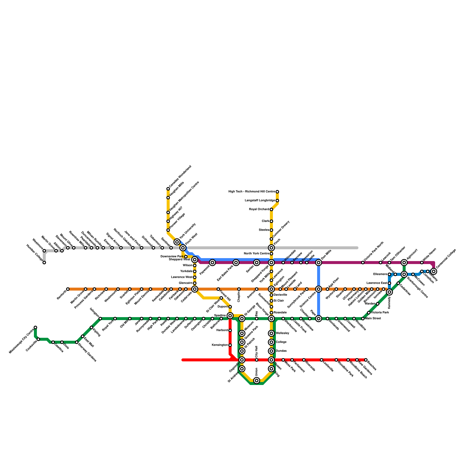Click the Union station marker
coord(257,381)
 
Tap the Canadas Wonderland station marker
coord(168,189)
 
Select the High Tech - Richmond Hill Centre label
coord(252,192)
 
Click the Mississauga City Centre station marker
coord(35,327)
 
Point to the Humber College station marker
coord(44,263)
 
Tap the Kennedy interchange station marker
coord(389,292)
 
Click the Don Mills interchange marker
coord(319,263)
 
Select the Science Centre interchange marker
coord(319,289)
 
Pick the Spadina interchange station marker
coord(230,316)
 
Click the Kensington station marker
coord(230,345)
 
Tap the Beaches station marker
coord(366,360)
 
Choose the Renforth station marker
coord(68,289)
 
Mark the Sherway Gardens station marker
coord(77,342)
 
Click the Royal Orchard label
coord(259,209)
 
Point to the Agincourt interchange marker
coord(404,263)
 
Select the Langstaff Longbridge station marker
coord(277,201)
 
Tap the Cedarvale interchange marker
coord(195,289)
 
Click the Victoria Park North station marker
coord(363,263)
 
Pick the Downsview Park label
coord(172,257)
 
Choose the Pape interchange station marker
coord(319,319)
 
